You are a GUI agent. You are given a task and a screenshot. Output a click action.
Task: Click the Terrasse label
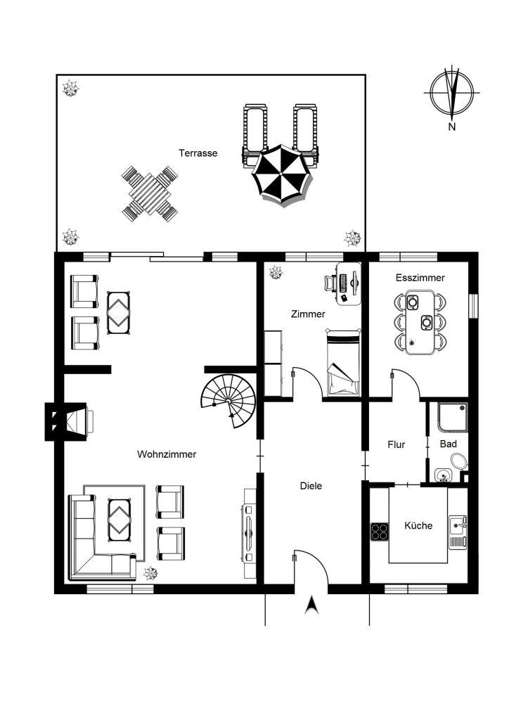(x=198, y=153)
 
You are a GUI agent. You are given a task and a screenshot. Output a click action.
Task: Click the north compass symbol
(x=452, y=92)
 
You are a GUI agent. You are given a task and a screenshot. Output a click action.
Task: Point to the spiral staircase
(x=229, y=399)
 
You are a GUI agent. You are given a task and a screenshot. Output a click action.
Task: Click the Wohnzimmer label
(x=167, y=454)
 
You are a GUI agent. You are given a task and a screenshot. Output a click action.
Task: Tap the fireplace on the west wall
(x=67, y=421)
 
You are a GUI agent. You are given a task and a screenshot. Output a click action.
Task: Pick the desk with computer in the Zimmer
(x=349, y=284)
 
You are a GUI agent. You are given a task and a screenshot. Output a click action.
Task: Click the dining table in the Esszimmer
(x=420, y=322)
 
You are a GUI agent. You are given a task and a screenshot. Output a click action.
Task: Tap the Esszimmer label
(x=420, y=278)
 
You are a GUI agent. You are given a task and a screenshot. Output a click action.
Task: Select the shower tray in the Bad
(x=453, y=417)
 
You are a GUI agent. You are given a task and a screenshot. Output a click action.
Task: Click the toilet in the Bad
(x=458, y=461)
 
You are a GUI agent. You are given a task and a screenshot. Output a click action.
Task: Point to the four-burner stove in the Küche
(x=380, y=532)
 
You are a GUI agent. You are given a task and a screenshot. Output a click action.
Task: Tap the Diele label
(x=311, y=486)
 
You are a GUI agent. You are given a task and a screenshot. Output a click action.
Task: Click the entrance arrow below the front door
(x=311, y=605)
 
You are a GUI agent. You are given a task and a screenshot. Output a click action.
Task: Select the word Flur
(x=396, y=444)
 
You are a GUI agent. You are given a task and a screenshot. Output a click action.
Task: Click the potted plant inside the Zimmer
(x=276, y=272)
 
